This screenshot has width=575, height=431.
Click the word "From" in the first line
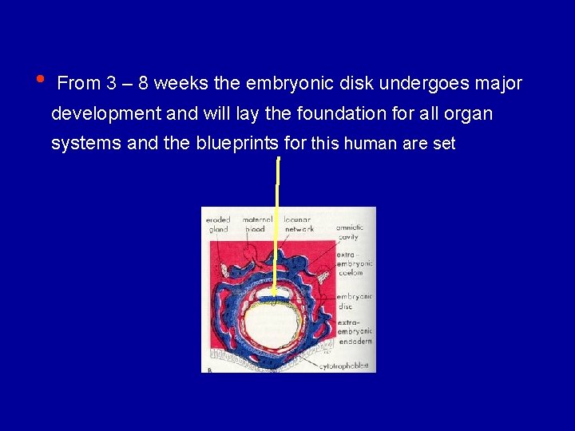(79, 83)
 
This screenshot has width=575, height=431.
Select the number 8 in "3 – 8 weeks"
(144, 83)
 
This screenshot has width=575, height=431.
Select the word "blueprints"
(237, 144)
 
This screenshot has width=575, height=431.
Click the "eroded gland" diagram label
(219, 224)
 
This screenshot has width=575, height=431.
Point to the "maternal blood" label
(257, 224)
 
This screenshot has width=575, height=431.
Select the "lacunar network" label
(299, 224)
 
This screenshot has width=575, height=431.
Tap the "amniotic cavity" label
(350, 232)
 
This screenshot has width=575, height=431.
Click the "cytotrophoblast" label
(343, 366)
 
